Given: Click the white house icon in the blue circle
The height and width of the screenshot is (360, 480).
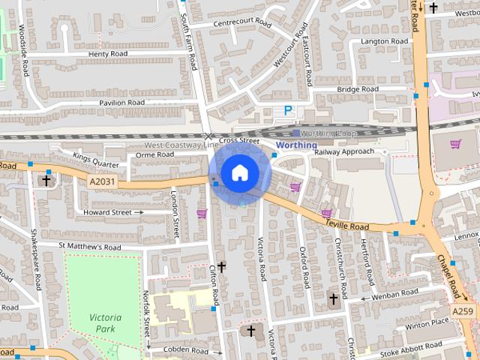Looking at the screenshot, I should pos(239,172).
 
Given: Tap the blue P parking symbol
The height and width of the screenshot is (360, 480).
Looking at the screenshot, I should pos(288,110).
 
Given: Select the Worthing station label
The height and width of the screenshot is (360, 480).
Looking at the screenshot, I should pos(296,145).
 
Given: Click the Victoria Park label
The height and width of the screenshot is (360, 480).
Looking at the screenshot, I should pos(105,322).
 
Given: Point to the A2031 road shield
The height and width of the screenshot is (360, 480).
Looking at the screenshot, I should pos(103,181).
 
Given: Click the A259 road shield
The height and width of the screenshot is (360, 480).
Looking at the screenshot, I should pos(463,310).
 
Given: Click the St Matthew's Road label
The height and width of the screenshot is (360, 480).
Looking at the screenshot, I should pos(89,246).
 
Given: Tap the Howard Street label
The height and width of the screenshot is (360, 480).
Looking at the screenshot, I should pos(106,212).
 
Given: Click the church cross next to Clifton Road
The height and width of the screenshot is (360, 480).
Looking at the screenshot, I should pos(221,266).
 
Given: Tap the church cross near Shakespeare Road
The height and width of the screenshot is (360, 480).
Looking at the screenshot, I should pos(46,180).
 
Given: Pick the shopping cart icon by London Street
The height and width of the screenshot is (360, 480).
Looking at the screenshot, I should pos(201,214).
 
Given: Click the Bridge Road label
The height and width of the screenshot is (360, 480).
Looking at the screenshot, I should pos(358,89).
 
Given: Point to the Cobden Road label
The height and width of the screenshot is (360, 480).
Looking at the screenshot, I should pos(177,350).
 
